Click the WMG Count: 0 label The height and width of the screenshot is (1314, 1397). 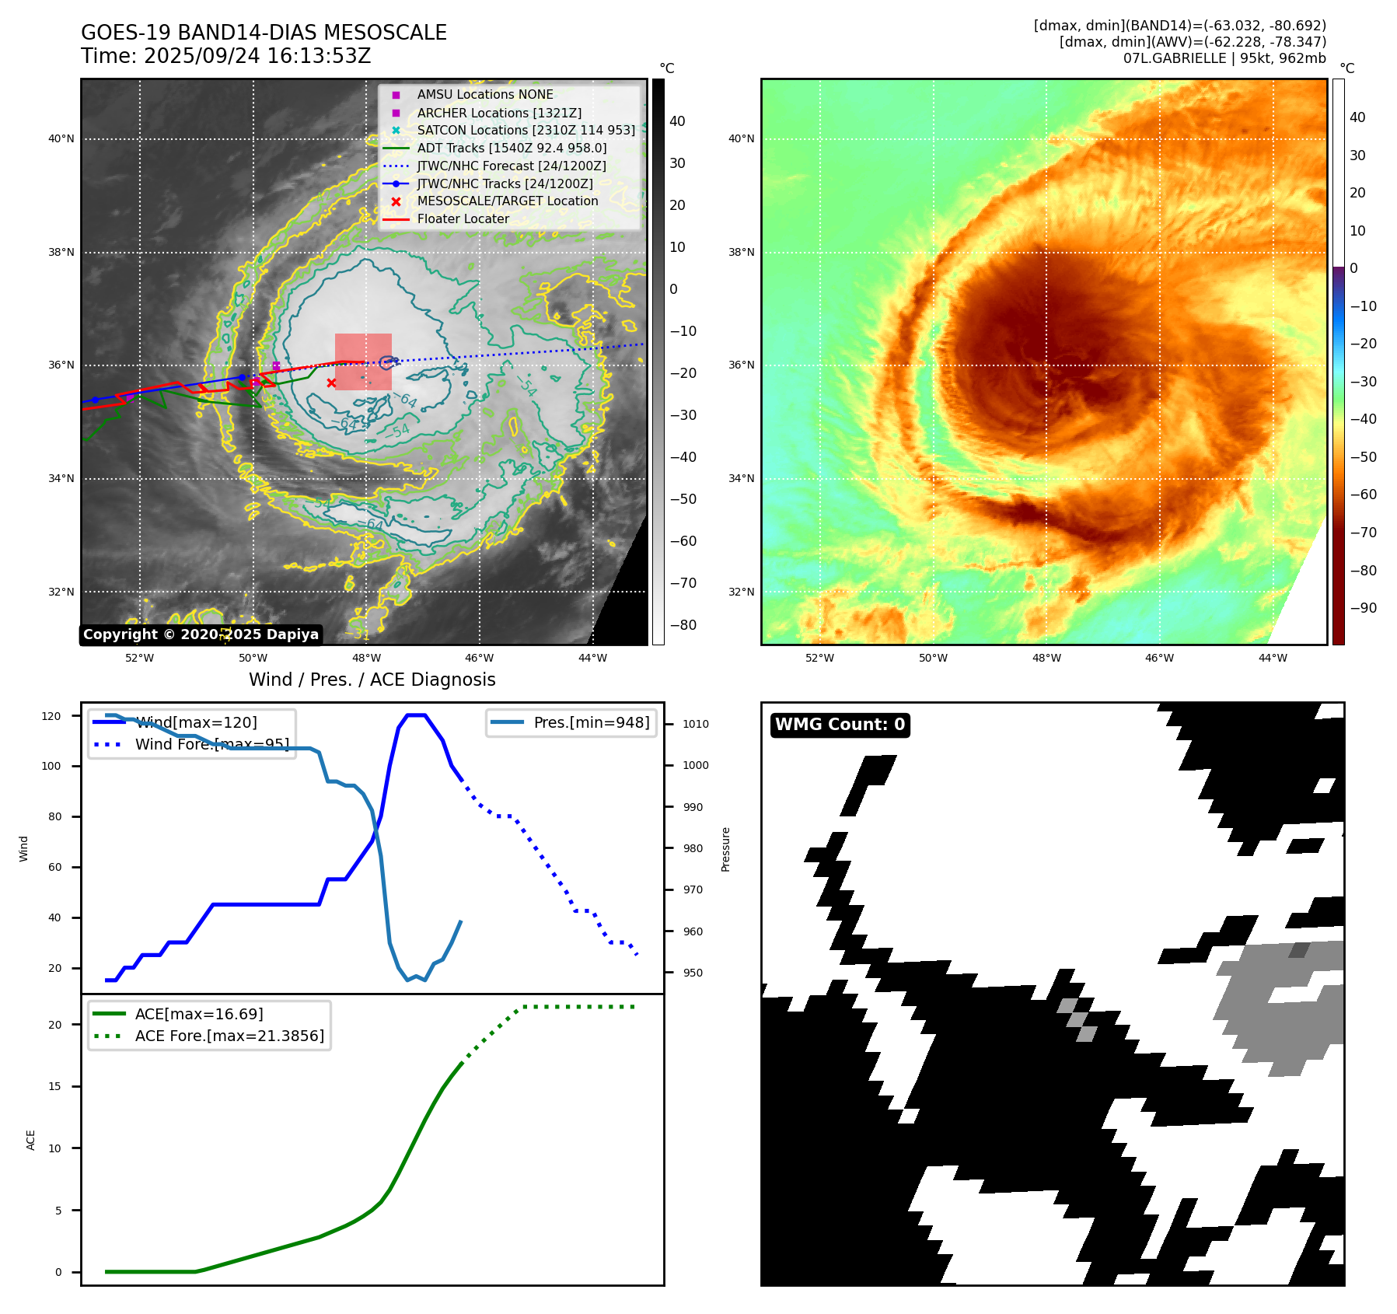click(x=840, y=725)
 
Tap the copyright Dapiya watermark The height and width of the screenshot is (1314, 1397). click(x=201, y=634)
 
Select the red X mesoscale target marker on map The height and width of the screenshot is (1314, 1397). click(x=331, y=383)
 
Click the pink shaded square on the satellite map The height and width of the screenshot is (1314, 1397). click(x=363, y=362)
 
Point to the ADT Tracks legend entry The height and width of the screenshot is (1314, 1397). click(x=512, y=148)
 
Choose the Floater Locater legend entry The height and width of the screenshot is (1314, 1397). click(x=463, y=218)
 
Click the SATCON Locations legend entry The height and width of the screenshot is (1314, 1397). click(x=526, y=130)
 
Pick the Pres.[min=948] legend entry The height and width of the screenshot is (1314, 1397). click(x=591, y=722)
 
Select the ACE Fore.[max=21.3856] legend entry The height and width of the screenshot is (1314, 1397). click(x=229, y=1036)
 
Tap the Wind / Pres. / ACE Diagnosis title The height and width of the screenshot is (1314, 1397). click(x=372, y=680)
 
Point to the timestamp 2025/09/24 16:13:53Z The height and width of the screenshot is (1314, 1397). click(x=257, y=56)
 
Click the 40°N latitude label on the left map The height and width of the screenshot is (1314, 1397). click(x=61, y=139)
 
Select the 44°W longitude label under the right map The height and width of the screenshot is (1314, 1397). click(x=1273, y=658)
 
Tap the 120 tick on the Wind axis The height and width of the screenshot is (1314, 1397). click(x=51, y=716)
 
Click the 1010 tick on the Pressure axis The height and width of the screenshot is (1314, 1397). click(x=696, y=724)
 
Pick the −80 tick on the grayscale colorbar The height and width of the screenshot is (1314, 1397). click(x=683, y=625)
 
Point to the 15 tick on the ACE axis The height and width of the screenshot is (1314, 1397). click(x=54, y=1086)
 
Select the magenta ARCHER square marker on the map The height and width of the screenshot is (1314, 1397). click(x=276, y=366)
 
